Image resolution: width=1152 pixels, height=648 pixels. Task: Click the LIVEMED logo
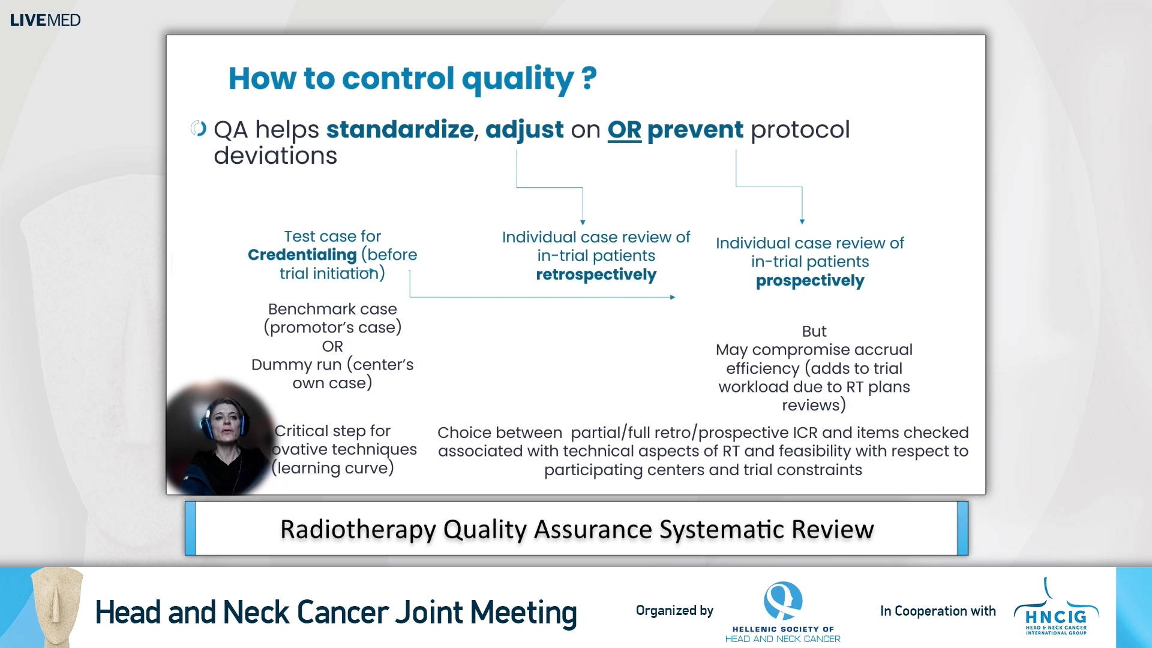click(45, 20)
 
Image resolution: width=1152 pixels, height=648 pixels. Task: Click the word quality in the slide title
click(517, 79)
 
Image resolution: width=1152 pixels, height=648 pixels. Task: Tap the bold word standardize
click(400, 130)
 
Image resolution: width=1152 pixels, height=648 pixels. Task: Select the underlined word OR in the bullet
click(624, 130)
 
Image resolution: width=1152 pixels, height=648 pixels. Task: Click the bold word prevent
click(695, 130)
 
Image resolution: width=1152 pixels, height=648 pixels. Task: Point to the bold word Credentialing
click(302, 255)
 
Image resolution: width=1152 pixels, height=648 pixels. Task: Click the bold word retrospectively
click(596, 275)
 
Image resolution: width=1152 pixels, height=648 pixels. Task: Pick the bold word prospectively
click(809, 281)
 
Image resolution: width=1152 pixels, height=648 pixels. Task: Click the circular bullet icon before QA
click(199, 128)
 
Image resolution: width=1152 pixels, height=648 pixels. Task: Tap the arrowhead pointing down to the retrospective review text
click(583, 222)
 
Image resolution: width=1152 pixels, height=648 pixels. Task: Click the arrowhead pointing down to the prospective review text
click(802, 221)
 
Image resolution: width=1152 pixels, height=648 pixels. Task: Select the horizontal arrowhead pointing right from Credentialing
click(672, 297)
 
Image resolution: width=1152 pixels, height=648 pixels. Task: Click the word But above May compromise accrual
click(814, 331)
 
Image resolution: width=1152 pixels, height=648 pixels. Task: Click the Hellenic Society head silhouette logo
click(782, 600)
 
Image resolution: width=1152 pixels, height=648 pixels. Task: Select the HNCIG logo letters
click(1055, 617)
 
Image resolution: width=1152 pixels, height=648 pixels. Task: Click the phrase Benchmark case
click(332, 309)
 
